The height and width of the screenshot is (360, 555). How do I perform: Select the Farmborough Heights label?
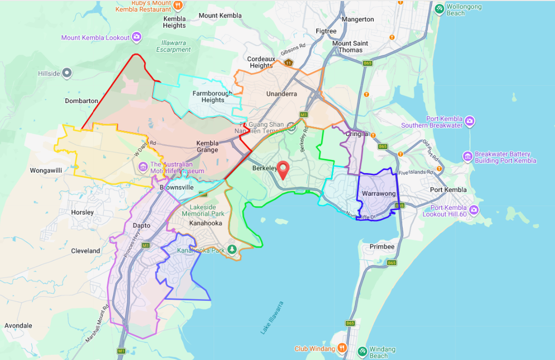pyautogui.click(x=208, y=97)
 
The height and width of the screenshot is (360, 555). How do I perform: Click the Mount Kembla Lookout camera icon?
pyautogui.click(x=137, y=37)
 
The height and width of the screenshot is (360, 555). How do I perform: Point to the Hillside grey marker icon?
pyautogui.click(x=66, y=73)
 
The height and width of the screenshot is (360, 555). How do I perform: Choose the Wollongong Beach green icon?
pyautogui.click(x=439, y=8)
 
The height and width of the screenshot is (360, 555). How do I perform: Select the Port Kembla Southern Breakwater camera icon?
pyautogui.click(x=470, y=121)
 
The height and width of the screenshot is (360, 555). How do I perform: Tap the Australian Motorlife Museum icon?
pyautogui.click(x=142, y=167)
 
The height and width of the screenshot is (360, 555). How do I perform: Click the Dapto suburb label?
pyautogui.click(x=141, y=226)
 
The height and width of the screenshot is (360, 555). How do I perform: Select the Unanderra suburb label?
pyautogui.click(x=281, y=94)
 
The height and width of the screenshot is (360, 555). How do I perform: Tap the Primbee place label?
pyautogui.click(x=382, y=246)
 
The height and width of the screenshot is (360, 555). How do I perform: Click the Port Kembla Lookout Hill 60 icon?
pyautogui.click(x=474, y=210)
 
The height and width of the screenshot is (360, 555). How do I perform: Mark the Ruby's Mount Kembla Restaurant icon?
pyautogui.click(x=178, y=5)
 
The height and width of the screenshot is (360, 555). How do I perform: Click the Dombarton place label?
pyautogui.click(x=81, y=100)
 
